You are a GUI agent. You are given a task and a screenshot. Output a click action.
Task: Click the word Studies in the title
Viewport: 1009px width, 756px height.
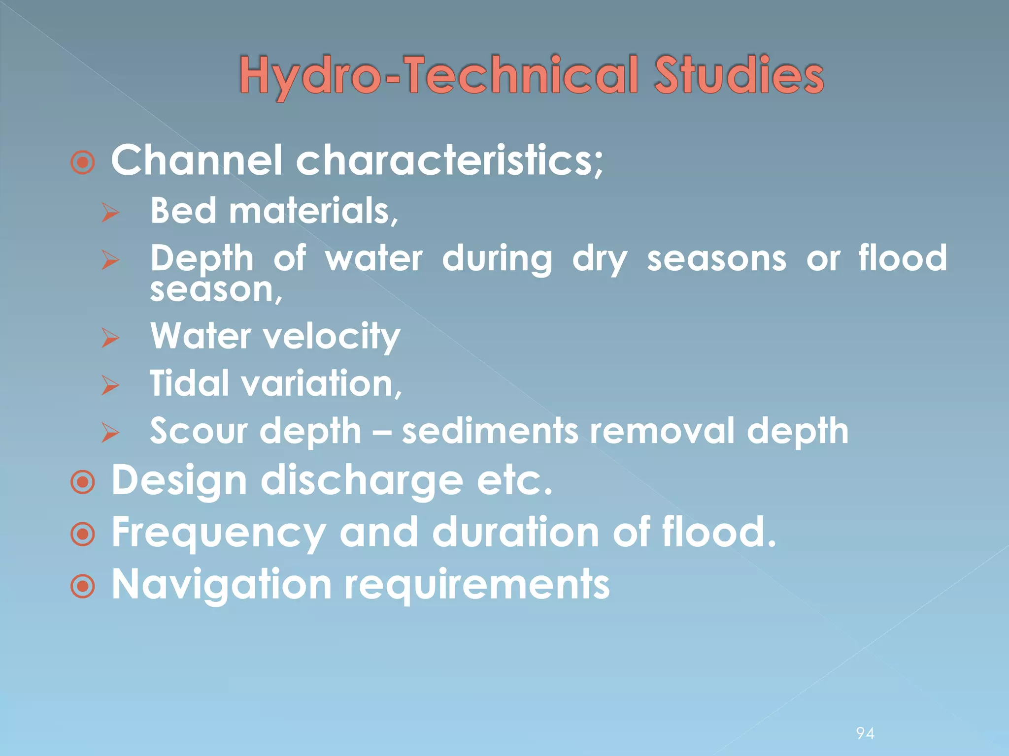pyautogui.click(x=739, y=75)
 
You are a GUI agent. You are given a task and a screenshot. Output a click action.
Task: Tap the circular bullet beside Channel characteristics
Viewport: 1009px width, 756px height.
pyautogui.click(x=82, y=162)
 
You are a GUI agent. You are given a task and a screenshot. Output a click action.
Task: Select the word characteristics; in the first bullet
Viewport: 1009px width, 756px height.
pyautogui.click(x=449, y=160)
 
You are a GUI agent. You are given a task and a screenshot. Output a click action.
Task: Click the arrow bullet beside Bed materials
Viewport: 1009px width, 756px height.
pyautogui.click(x=110, y=213)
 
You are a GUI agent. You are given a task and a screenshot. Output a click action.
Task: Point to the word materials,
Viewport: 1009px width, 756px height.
pyautogui.click(x=313, y=211)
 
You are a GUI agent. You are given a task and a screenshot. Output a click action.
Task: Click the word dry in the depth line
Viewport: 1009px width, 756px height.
pyautogui.click(x=600, y=259)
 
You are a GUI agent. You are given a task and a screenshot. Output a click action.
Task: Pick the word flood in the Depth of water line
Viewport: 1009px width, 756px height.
pyautogui.click(x=903, y=257)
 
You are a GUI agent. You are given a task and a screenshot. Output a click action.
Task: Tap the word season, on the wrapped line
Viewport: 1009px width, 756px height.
pyautogui.click(x=216, y=290)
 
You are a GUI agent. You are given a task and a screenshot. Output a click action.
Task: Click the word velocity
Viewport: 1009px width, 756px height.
pyautogui.click(x=331, y=337)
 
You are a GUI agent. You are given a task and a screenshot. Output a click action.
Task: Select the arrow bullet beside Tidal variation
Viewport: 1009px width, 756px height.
pyautogui.click(x=110, y=385)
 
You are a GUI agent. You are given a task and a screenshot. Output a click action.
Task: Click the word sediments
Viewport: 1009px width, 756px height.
pyautogui.click(x=490, y=431)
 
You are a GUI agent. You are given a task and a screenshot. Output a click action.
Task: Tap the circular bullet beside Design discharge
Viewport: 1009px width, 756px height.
pyautogui.click(x=82, y=482)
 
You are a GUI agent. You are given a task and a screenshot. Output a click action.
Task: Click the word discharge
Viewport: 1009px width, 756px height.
pyautogui.click(x=362, y=481)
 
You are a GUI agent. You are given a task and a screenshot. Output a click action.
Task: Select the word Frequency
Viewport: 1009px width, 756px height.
pyautogui.click(x=219, y=534)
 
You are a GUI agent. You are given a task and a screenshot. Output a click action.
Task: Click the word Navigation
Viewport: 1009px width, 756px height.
pyautogui.click(x=222, y=585)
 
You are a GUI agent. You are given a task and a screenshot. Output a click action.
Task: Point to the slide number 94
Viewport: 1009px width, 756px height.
pyautogui.click(x=865, y=734)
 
